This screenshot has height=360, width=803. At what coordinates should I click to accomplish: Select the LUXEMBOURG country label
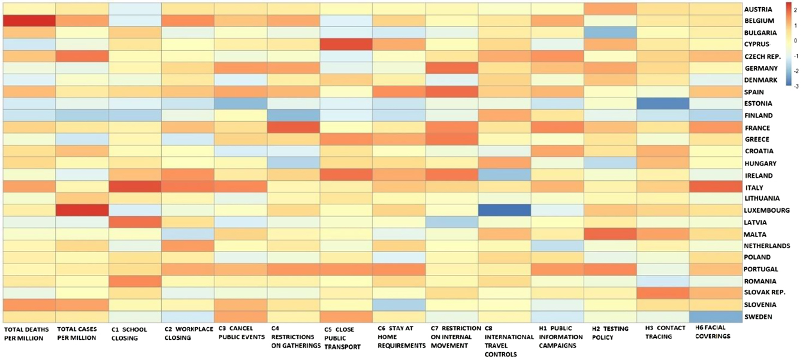[768, 210]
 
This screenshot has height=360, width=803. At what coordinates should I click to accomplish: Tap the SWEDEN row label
[759, 317]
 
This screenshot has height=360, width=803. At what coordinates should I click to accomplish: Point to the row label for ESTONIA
[759, 104]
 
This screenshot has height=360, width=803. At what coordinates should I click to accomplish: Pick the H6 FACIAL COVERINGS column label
[713, 333]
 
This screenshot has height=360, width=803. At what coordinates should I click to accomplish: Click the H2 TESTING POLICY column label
[606, 333]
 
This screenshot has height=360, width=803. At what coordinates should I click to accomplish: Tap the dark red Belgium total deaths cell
[29, 21]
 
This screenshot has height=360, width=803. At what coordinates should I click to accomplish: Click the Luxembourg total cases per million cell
[82, 210]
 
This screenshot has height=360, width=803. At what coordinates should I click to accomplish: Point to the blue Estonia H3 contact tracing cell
[663, 104]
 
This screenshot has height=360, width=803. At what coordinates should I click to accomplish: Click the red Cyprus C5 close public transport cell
[346, 44]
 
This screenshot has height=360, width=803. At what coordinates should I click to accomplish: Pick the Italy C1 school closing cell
[135, 187]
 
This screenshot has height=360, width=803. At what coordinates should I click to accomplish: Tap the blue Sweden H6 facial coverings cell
[715, 317]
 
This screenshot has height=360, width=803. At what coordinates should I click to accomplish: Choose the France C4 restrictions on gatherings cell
[293, 128]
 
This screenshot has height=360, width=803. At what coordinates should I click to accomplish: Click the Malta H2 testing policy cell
[610, 234]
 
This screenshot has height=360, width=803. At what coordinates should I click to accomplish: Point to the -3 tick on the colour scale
[795, 86]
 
